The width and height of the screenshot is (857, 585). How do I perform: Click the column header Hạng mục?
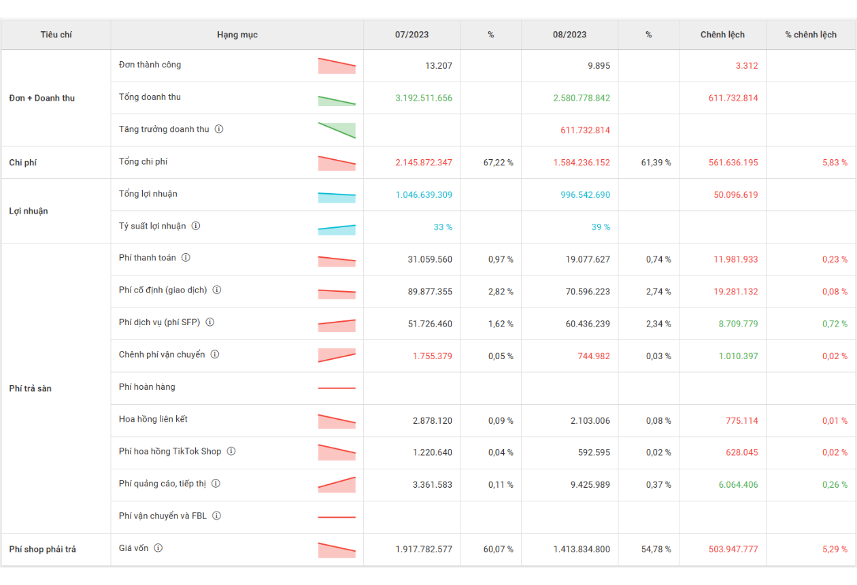(237, 35)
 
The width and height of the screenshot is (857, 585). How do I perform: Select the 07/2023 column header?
(411, 35)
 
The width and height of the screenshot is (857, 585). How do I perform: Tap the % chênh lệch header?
(811, 35)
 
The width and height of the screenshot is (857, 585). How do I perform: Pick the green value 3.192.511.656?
(424, 98)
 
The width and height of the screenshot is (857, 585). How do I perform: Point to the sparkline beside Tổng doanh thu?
(337, 101)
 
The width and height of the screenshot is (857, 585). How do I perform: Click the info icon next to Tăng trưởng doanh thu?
(219, 129)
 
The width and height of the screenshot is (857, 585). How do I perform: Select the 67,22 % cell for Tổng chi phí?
(499, 163)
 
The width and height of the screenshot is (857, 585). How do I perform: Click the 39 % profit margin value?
(601, 227)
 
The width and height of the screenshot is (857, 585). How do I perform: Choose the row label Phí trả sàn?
(30, 388)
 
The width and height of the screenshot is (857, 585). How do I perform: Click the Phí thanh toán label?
(148, 258)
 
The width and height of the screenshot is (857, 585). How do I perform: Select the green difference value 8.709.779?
(738, 324)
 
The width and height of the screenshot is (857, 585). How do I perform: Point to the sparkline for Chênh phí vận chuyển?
(337, 356)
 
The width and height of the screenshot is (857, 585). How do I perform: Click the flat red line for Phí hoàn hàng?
(337, 388)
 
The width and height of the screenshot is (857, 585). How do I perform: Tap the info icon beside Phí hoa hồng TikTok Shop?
(231, 451)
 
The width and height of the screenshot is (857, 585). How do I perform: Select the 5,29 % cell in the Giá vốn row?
(835, 550)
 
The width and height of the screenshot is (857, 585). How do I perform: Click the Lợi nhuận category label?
(29, 211)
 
